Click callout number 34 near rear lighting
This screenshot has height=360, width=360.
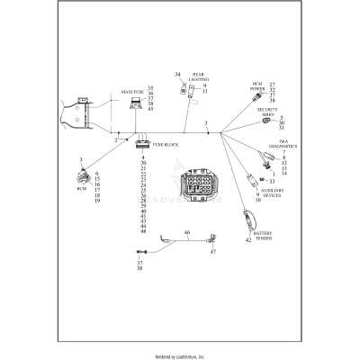[x=177, y=74]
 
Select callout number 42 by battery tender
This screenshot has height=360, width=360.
[x=248, y=240]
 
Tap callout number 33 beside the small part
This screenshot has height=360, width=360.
[x=271, y=181]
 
